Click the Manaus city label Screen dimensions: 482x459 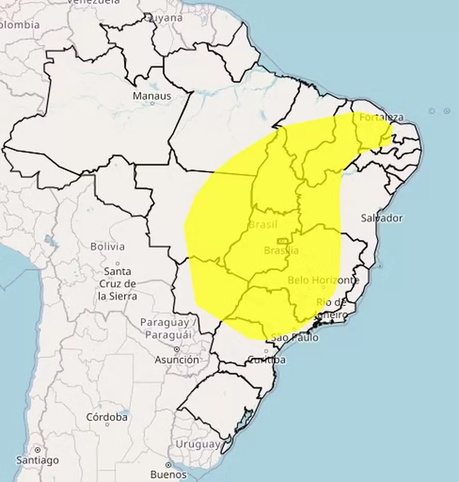coord(151,96)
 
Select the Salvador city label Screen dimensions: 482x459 coord(381,218)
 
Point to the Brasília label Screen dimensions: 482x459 coord(281,250)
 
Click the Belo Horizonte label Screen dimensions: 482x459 coord(323,280)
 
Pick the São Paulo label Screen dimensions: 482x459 coord(295,338)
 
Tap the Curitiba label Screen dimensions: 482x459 coord(266,359)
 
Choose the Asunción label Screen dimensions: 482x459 coord(176,359)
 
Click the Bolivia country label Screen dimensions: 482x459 coord(108,246)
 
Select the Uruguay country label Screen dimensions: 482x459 coord(197,444)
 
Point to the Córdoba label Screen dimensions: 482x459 coord(107,416)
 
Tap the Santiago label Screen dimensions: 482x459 coord(37,460)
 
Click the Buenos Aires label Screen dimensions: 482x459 coord(168,474)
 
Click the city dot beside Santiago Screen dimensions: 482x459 coord(37,450)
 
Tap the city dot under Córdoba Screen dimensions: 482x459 coord(107,425)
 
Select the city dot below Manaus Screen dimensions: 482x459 coord(152,103)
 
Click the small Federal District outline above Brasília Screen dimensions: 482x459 coord(282,241)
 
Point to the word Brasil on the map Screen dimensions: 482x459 coord(263,225)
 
